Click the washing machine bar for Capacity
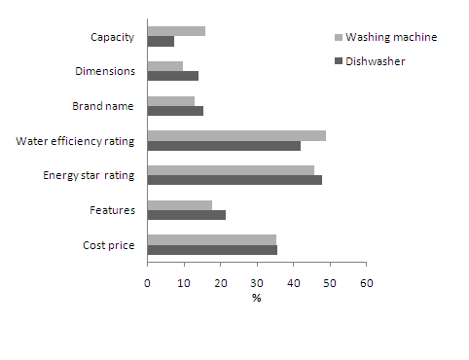coord(176,31)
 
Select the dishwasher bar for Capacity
coord(161,41)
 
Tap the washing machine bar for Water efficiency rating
coord(236,135)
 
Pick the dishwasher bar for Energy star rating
coord(234,180)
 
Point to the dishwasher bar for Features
coord(186,215)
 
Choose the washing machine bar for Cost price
coord(211,239)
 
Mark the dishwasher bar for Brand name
coord(175,111)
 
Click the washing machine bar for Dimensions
coord(164,66)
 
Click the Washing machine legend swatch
coord(338,37)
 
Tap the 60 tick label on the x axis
coord(366,283)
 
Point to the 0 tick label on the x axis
coord(147,283)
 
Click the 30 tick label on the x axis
coord(257,283)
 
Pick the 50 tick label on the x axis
coord(330,283)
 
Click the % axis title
coord(257,298)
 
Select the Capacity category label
coord(112,37)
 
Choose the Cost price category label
coord(110,245)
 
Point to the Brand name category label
coord(106,106)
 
